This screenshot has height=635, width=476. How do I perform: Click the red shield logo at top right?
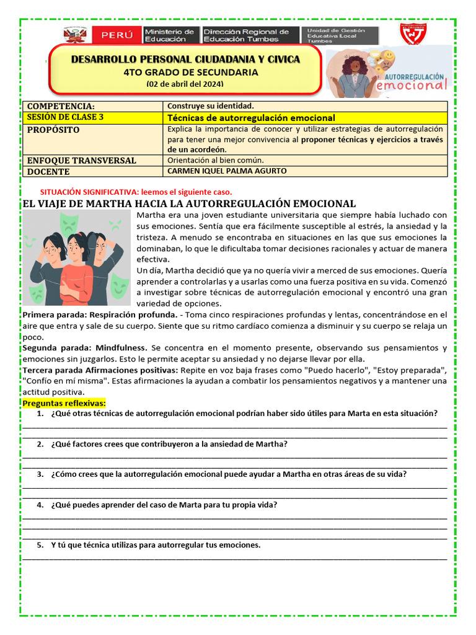point(412,35)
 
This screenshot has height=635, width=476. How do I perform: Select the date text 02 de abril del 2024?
point(185,84)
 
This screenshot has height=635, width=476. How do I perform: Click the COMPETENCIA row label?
point(61,106)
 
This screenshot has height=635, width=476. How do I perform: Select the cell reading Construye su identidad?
point(211,106)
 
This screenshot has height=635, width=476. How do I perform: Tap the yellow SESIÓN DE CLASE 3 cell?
point(66,117)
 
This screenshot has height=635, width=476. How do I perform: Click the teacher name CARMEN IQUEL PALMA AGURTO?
point(227,171)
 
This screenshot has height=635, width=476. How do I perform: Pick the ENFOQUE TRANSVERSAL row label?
point(82,160)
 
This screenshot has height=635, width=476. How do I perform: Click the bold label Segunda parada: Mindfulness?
point(85,348)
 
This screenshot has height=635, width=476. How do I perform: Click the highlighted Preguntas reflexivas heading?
point(64,403)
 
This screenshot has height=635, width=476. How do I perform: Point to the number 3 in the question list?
point(40,474)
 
